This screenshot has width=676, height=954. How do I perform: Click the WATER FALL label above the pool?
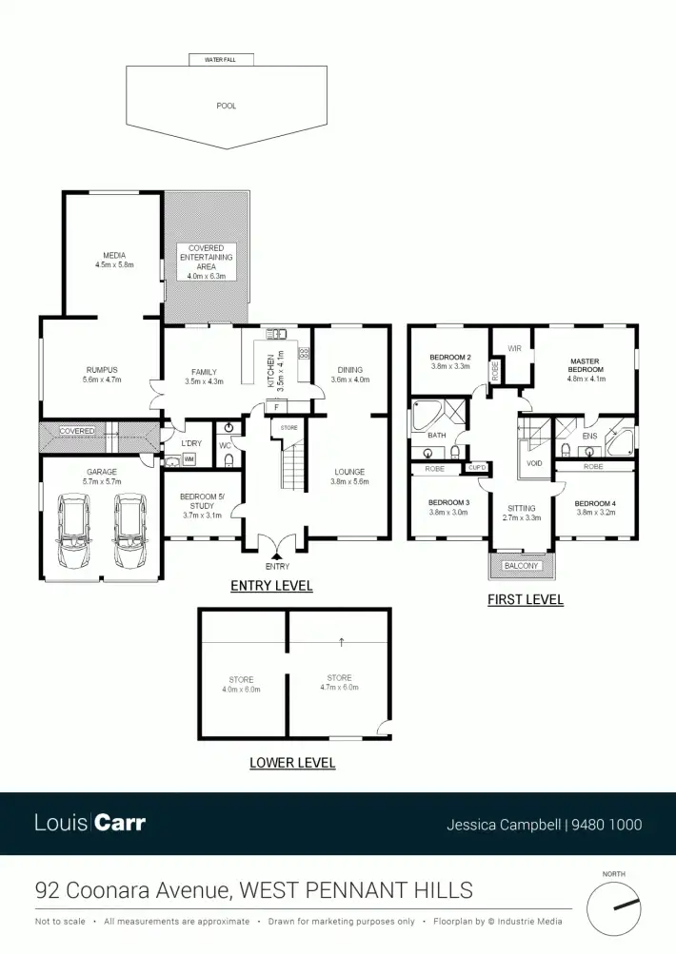[227, 59]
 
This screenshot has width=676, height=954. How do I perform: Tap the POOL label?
[226, 106]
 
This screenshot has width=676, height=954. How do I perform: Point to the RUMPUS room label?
[100, 375]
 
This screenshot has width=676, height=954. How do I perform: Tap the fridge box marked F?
[275, 407]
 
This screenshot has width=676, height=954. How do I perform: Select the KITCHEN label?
[271, 368]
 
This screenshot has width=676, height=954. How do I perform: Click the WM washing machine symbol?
[189, 460]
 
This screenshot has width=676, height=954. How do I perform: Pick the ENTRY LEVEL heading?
[271, 586]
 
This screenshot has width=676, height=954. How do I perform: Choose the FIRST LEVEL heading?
[525, 600]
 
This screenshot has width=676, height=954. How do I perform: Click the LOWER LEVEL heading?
[292, 763]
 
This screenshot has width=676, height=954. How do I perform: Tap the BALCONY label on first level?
[521, 566]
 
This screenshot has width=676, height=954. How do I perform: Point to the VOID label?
[534, 463]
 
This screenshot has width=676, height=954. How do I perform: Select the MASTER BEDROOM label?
[586, 366]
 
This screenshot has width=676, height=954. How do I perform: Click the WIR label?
[515, 348]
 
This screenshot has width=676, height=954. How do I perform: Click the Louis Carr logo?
[90, 823]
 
